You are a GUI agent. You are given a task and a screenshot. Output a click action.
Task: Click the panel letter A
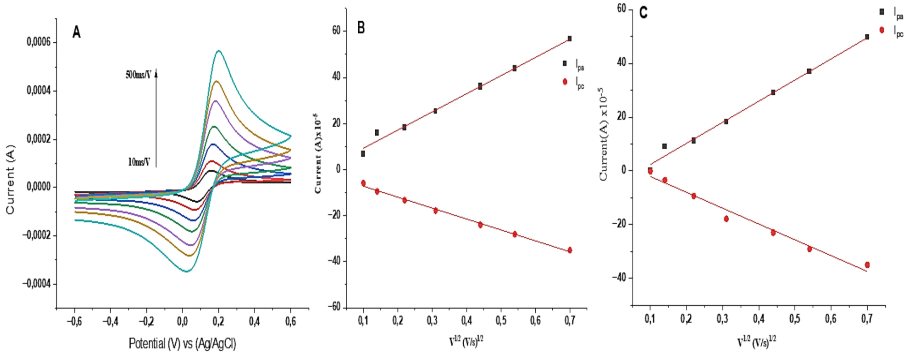[x=77, y=33]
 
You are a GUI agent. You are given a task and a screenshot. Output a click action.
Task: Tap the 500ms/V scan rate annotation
[x=138, y=75]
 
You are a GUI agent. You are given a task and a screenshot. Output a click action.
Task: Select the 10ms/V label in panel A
[x=139, y=162]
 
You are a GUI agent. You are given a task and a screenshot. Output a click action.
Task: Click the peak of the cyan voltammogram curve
[x=219, y=51]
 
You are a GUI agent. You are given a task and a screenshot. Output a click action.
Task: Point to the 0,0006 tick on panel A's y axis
[x=39, y=42]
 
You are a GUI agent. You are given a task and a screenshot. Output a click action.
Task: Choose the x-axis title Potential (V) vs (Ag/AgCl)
[x=182, y=343]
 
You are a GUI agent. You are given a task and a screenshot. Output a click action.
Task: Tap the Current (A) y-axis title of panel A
[x=11, y=179]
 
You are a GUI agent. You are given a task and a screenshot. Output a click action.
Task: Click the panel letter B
[x=361, y=28]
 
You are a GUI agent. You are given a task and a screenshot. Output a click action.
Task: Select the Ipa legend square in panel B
[x=565, y=64]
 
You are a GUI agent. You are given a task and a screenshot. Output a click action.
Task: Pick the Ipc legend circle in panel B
[x=565, y=82]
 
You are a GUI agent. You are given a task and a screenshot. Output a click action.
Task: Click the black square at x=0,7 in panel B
[x=570, y=39]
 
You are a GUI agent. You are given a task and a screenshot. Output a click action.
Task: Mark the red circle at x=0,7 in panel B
[x=570, y=250]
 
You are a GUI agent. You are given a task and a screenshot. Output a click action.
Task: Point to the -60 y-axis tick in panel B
[x=336, y=306]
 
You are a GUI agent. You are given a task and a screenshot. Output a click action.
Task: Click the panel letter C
[x=643, y=13]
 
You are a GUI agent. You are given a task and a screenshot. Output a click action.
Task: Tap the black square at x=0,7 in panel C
[x=867, y=37]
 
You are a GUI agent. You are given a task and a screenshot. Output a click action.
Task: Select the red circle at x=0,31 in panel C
[x=726, y=219]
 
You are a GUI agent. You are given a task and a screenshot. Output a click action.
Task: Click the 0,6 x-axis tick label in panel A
[x=290, y=321]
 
